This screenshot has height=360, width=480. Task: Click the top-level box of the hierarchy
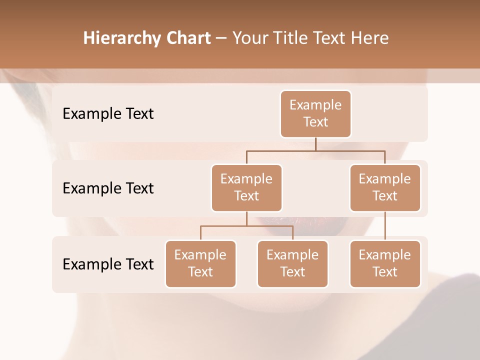point(315,114)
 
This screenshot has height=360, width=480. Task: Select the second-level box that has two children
point(246,188)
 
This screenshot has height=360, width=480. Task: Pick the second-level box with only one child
point(385,188)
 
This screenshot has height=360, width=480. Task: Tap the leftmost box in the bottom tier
point(200,264)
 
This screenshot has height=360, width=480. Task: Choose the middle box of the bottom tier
point(292,264)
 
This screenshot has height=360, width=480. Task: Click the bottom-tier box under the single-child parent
point(385,264)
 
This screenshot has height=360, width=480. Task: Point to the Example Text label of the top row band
point(108,114)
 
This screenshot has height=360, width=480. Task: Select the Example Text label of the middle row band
point(108,188)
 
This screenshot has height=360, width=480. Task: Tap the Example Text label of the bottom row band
point(108,264)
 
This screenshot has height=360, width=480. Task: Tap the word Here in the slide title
point(369,38)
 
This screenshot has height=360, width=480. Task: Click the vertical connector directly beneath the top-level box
point(315,144)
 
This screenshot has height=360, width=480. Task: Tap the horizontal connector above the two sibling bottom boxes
point(246,226)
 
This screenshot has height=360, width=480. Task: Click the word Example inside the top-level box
point(315,105)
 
